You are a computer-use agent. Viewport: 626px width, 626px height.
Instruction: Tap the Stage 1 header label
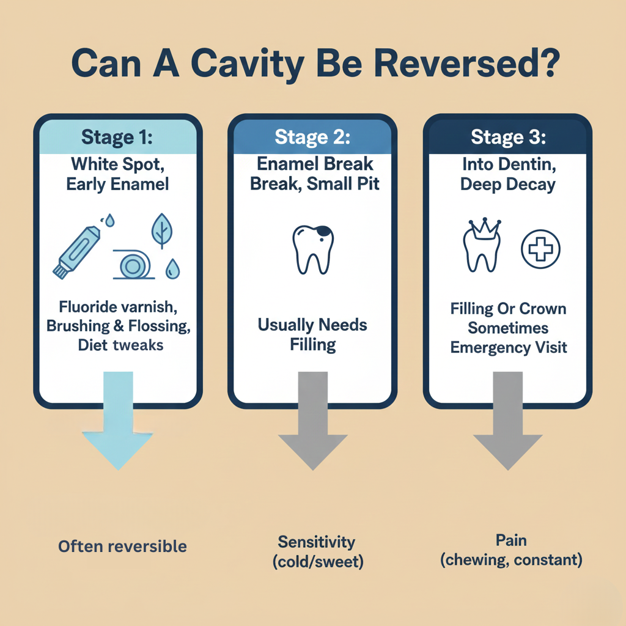coord(117,137)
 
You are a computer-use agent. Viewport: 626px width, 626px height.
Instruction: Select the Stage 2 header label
coord(312,137)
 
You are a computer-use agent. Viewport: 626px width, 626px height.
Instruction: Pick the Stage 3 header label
coord(508,137)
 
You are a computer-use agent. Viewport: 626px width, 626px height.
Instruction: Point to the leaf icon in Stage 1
coord(162,231)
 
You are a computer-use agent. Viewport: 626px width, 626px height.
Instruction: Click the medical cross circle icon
coord(540,250)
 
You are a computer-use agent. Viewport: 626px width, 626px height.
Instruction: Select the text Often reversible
coord(122,546)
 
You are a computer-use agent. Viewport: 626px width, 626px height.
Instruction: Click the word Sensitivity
coord(316,542)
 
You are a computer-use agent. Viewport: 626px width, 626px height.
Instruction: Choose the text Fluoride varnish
coord(118,306)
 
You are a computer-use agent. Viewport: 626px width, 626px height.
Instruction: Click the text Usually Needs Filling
coord(312,334)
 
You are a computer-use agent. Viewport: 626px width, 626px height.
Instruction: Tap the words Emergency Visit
coord(509,348)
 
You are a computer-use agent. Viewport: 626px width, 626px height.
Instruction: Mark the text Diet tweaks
coord(120,345)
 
